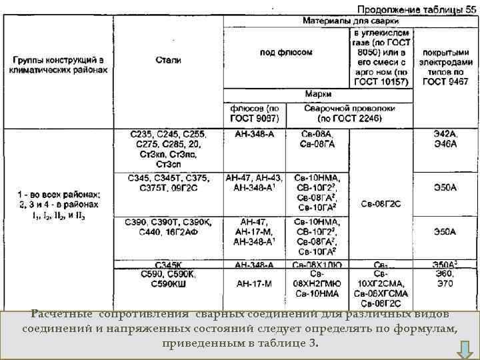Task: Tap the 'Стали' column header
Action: pos(168,60)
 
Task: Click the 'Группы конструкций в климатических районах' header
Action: pos(58,64)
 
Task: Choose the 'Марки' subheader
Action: pos(318,94)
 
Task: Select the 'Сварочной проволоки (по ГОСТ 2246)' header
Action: pos(350,113)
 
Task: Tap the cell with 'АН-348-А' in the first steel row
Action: pos(255,134)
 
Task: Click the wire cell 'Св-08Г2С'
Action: pos(381,204)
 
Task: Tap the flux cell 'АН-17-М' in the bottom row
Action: pos(255,283)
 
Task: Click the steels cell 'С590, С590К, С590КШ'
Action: pos(168,279)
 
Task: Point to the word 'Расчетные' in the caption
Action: pos(61,314)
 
